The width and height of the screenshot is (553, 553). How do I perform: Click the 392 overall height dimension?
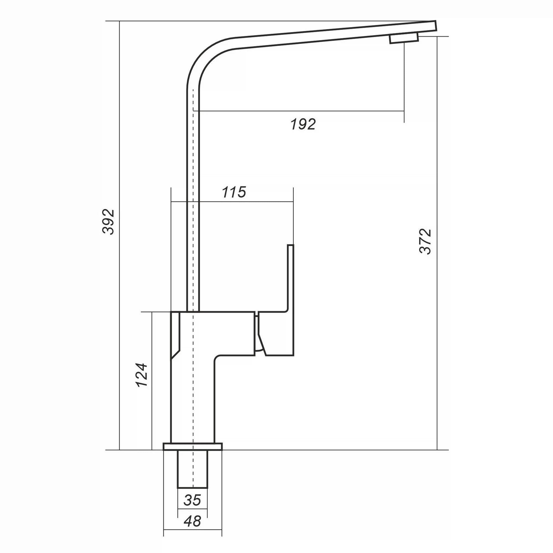click(109, 222)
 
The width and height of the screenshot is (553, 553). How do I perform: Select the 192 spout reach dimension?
click(303, 124)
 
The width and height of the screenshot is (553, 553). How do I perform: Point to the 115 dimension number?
click(234, 192)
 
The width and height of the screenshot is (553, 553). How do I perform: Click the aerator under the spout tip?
click(404, 38)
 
